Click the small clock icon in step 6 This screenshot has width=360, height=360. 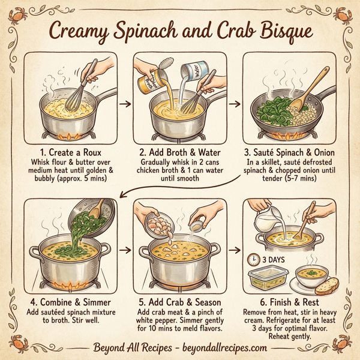coord(253,260)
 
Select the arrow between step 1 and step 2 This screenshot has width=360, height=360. coord(124,103)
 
